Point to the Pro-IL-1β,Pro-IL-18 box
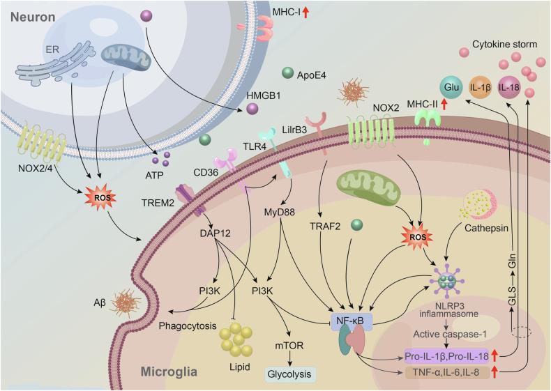(x=446, y=356)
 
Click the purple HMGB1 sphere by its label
(x=252, y=110)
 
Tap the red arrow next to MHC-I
(x=305, y=11)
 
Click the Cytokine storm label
(x=505, y=45)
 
